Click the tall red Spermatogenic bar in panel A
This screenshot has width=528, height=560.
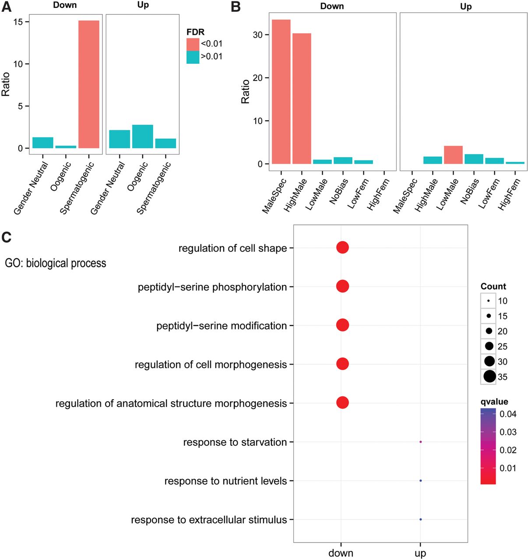pyautogui.click(x=89, y=84)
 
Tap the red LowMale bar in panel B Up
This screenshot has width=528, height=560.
pyautogui.click(x=453, y=155)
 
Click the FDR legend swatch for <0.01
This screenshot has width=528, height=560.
pyautogui.click(x=193, y=44)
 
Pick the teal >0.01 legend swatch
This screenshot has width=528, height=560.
pyautogui.click(x=193, y=57)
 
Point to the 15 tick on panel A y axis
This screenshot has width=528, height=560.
pyautogui.click(x=18, y=22)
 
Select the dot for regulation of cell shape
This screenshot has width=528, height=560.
pyautogui.click(x=342, y=248)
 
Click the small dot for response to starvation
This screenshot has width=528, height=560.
pyautogui.click(x=420, y=442)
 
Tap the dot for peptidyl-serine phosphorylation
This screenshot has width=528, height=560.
pyautogui.click(x=342, y=287)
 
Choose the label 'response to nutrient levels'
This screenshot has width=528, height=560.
pyautogui.click(x=225, y=481)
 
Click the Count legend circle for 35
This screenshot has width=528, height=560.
pyautogui.click(x=489, y=376)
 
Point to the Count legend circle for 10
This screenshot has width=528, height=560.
pyautogui.click(x=488, y=301)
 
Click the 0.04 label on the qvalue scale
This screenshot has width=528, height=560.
pyautogui.click(x=508, y=414)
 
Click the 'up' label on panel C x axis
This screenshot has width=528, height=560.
pyautogui.click(x=420, y=553)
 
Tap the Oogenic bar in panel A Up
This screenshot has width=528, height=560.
pyautogui.click(x=142, y=136)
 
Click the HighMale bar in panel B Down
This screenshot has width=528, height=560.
pyautogui.click(x=302, y=98)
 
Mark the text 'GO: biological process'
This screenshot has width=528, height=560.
pyautogui.click(x=56, y=263)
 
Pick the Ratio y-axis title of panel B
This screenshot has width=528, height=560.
pyautogui.click(x=245, y=91)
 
